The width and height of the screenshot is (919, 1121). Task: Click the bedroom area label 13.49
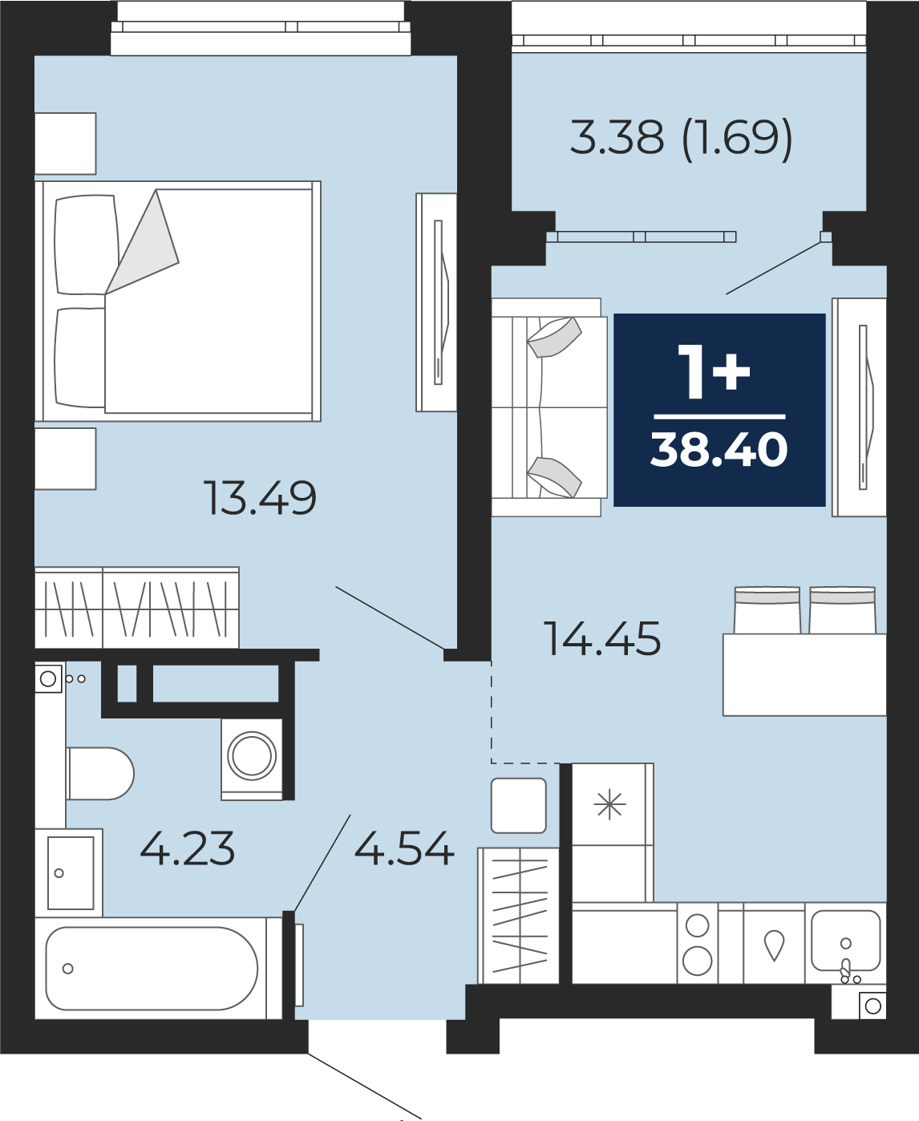tap(260, 497)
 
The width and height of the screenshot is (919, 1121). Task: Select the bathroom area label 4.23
tap(187, 848)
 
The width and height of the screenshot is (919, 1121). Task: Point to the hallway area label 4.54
tap(404, 848)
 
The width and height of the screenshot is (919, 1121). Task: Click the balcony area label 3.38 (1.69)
tap(681, 137)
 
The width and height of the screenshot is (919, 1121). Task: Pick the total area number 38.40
tap(719, 450)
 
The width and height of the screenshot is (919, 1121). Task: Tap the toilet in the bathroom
tap(100, 773)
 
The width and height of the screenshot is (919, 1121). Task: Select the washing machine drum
tap(252, 756)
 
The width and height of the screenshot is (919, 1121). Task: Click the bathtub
tap(152, 969)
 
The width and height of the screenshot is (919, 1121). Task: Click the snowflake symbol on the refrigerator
tap(610, 804)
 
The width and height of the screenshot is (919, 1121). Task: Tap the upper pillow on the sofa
tap(554, 337)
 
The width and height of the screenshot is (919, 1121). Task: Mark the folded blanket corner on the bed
tap(142, 242)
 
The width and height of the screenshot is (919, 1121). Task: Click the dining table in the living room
tap(804, 674)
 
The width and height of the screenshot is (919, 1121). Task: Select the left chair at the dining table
tap(767, 609)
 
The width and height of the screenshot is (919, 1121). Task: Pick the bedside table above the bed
tap(66, 144)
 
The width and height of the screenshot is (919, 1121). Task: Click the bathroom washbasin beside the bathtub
tap(71, 872)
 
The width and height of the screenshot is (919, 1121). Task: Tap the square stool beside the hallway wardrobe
tap(518, 806)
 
